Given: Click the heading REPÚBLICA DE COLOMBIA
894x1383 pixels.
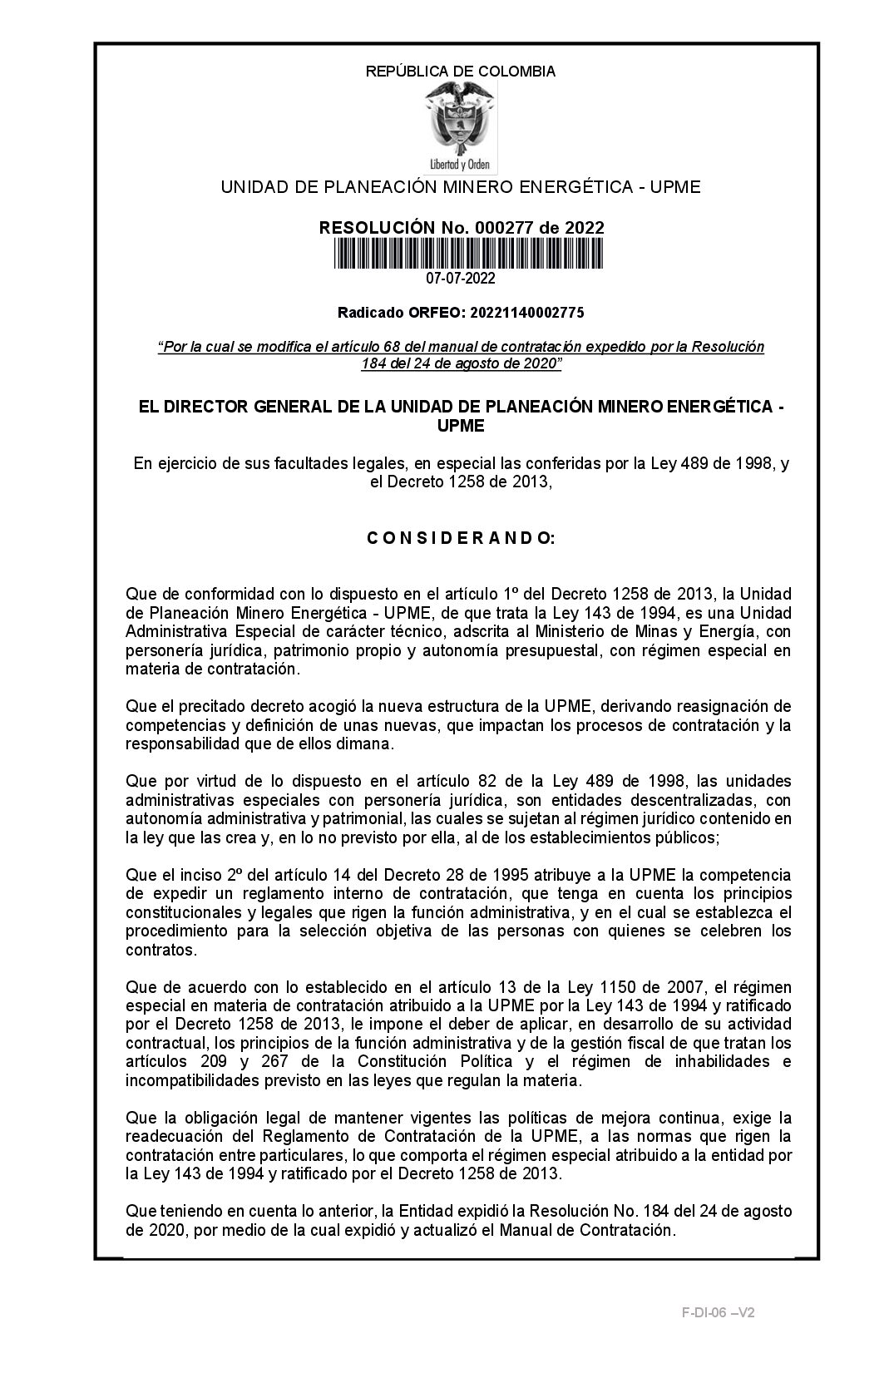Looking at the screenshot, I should tap(461, 72).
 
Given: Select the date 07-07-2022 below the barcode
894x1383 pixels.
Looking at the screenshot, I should tap(461, 279).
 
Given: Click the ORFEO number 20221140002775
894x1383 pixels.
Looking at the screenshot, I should tap(526, 313).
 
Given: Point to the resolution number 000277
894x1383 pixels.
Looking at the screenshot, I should tap(507, 228).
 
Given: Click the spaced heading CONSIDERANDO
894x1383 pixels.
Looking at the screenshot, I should tap(461, 538).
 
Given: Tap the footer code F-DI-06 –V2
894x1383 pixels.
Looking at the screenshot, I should tap(718, 1312).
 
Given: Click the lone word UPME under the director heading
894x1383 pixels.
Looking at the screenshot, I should tap(461, 426).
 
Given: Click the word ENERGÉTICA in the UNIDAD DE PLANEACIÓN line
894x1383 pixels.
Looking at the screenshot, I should tap(570, 187).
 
